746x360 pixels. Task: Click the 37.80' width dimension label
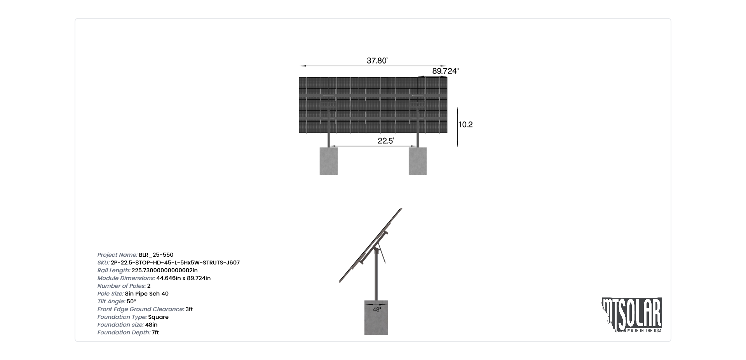[x=377, y=61]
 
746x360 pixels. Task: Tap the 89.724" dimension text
[x=445, y=71]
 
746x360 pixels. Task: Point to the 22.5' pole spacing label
[x=385, y=141]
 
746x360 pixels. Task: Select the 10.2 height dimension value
[x=465, y=125]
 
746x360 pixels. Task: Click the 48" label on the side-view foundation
[x=376, y=310]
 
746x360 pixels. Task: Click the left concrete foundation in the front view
[x=329, y=161]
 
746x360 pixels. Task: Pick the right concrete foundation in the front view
[x=418, y=161]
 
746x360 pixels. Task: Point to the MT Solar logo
[x=632, y=315]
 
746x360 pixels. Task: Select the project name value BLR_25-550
[x=156, y=255]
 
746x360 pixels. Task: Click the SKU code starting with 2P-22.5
[x=175, y=263]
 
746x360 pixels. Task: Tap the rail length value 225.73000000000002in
[x=165, y=270]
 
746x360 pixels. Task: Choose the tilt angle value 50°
[x=131, y=301]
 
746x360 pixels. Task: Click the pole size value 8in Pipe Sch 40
[x=147, y=294]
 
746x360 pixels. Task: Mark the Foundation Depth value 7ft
[x=155, y=332]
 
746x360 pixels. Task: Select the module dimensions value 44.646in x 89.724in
[x=183, y=278]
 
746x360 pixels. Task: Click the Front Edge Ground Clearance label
[x=141, y=309]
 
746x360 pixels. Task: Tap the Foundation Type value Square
[x=159, y=317]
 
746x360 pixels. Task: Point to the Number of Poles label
[x=122, y=286]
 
